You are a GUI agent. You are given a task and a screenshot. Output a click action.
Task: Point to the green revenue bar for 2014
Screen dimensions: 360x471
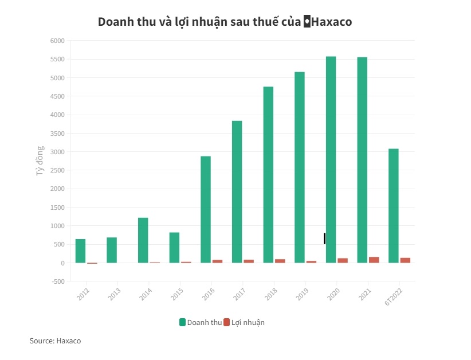pos(143,240)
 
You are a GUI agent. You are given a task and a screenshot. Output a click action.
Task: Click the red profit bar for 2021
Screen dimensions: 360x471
pos(374,260)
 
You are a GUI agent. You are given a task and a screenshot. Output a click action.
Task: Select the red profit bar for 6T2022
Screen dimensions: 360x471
pos(405,260)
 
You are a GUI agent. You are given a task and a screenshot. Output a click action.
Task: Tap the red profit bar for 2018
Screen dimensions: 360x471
pos(280,261)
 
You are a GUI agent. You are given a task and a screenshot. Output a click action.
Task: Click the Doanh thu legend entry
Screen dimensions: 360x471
pos(200,322)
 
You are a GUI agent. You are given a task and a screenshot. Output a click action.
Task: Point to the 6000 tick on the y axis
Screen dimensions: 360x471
pos(57,41)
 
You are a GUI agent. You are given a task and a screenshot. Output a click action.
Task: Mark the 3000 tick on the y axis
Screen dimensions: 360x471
pos(57,152)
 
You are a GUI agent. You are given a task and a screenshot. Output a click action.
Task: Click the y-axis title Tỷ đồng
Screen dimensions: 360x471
pos(40,161)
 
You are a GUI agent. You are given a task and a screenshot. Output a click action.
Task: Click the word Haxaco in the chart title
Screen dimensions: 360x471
pos(331,22)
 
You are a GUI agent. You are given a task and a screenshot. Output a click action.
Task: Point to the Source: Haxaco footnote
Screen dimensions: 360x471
pos(55,341)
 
